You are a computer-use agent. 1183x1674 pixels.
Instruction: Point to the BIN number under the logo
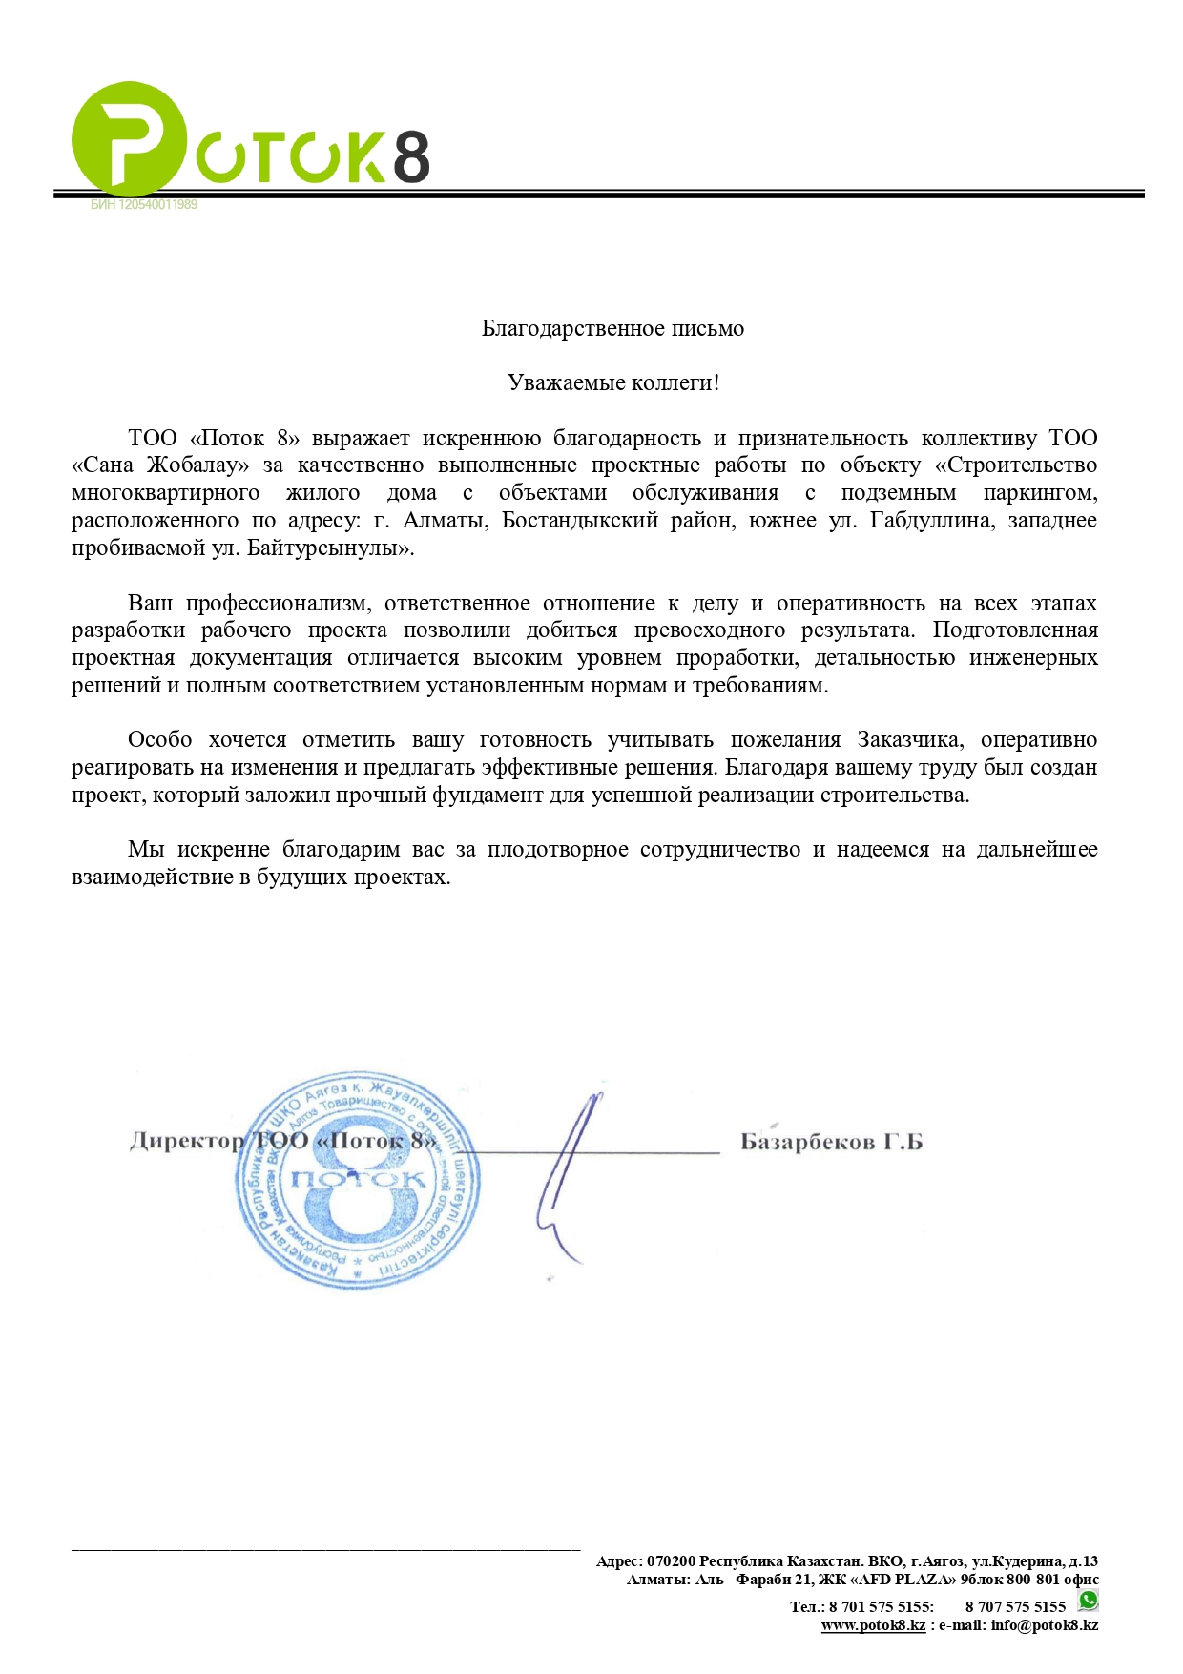tap(144, 205)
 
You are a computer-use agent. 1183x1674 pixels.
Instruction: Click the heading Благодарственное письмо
tap(612, 329)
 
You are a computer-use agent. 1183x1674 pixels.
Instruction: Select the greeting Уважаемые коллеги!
tap(613, 383)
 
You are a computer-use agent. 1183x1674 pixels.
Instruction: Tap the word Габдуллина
tap(930, 521)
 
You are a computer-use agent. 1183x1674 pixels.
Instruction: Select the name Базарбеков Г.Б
tap(831, 1142)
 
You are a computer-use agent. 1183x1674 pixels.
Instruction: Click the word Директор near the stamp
tap(187, 1141)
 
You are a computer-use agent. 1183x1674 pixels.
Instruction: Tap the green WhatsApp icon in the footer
tap(1088, 1600)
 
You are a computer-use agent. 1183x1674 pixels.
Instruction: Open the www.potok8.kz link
tap(873, 1625)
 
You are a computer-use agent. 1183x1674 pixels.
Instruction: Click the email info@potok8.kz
tap(1044, 1625)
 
